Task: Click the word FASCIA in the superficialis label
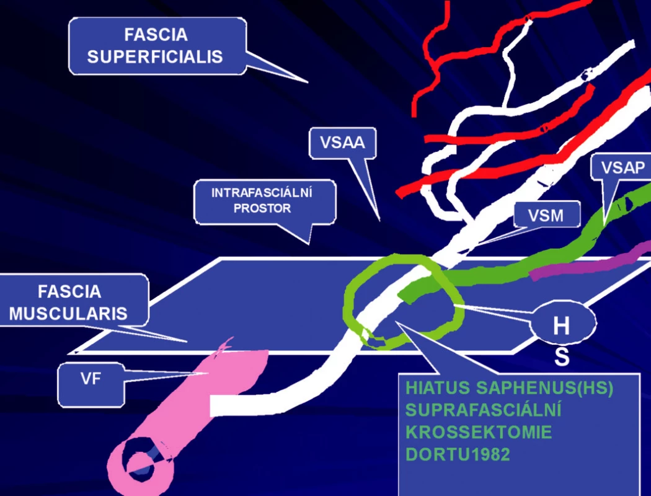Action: coord(156,35)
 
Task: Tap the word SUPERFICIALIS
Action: coord(155,57)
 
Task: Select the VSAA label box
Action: coord(342,143)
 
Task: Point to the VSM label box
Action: coord(546,215)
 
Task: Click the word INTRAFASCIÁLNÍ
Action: coord(262,193)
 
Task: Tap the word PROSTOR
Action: coord(262,208)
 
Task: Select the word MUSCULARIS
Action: coord(68,313)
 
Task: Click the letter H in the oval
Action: coord(561,326)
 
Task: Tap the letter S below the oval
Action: coord(562,357)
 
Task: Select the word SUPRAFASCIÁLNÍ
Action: coord(483,410)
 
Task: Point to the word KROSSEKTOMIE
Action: coord(479,433)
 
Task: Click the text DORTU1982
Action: coord(458,454)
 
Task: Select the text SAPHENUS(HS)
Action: coord(544,388)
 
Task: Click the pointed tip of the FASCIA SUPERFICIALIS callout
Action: coord(308,82)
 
